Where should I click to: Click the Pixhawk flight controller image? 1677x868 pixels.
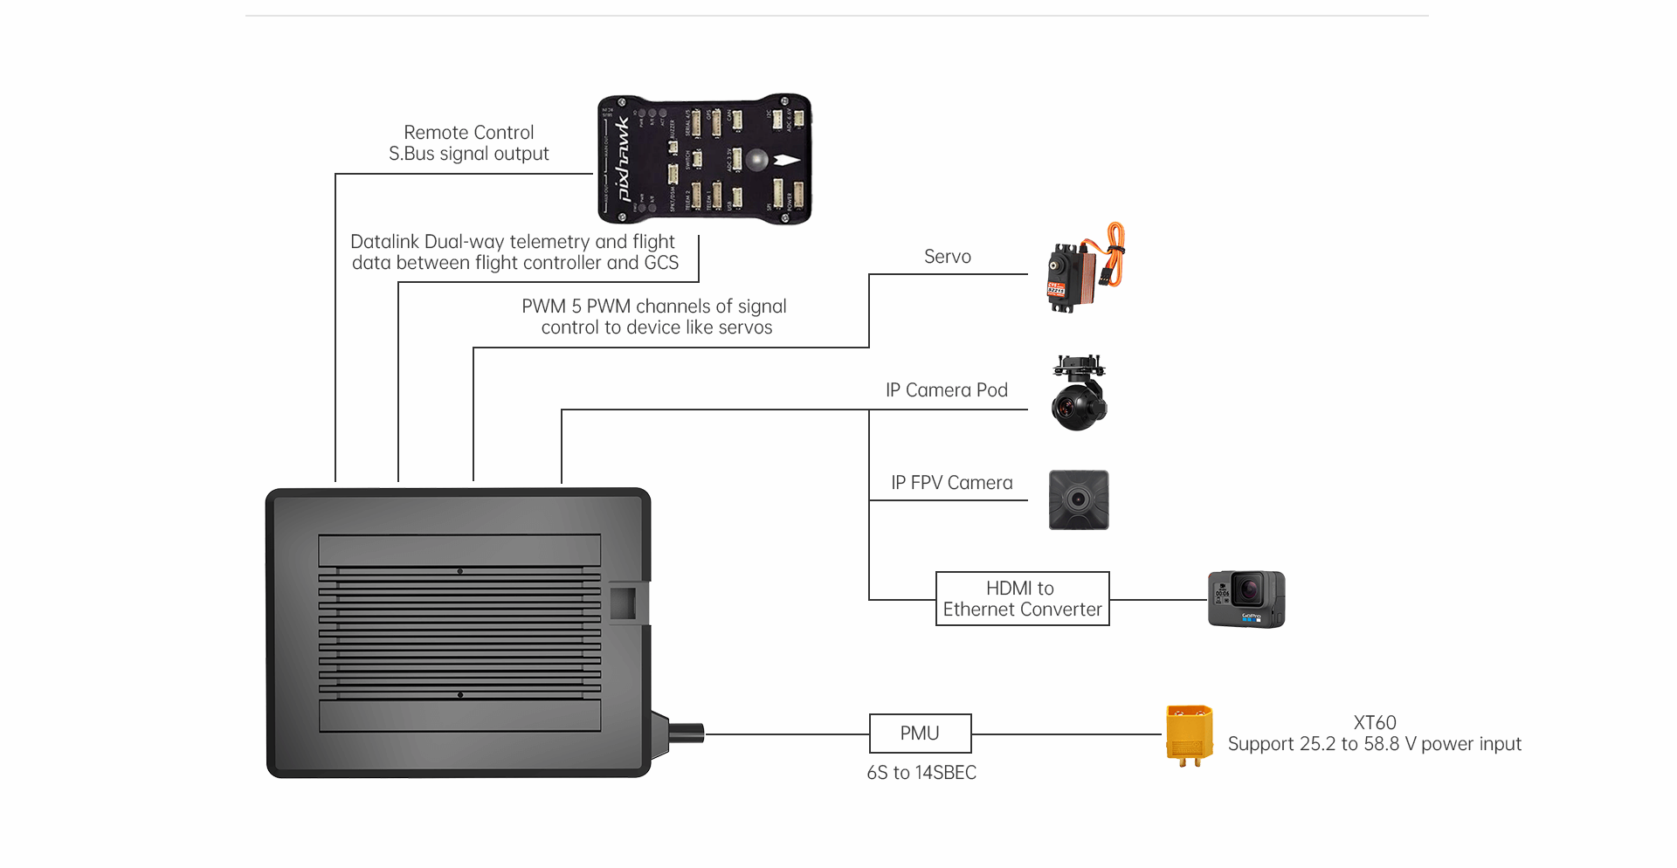tap(704, 159)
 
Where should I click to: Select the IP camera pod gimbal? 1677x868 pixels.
tap(1080, 392)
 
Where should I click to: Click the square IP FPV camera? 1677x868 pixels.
tap(1079, 500)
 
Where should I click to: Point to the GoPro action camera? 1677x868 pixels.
tap(1246, 599)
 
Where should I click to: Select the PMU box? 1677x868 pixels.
tap(920, 734)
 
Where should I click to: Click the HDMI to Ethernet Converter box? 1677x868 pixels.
tap(1022, 599)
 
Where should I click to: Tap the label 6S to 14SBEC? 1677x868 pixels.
tap(921, 773)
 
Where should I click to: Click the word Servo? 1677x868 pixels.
tap(947, 257)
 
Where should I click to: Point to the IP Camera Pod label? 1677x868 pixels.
tap(946, 390)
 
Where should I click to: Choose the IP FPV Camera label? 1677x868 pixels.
tap(951, 483)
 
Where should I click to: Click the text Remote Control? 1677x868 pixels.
tap(468, 133)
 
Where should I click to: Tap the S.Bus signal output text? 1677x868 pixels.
tap(468, 154)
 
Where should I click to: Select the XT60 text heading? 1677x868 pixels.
tap(1374, 723)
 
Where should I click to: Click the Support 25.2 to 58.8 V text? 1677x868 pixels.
tap(1374, 744)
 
